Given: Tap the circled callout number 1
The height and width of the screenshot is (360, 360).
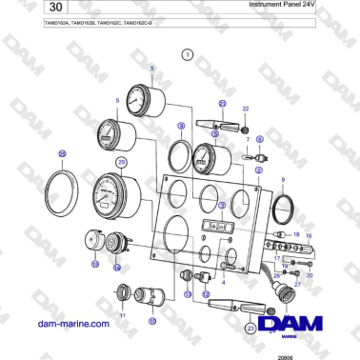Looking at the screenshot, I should (x=189, y=56).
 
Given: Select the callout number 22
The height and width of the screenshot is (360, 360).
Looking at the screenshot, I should (x=245, y=110).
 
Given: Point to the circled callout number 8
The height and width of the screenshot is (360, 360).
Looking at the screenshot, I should (x=181, y=126).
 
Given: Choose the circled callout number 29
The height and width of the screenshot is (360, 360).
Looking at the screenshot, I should (x=121, y=163).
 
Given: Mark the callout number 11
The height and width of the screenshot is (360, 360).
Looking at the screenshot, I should (x=121, y=314).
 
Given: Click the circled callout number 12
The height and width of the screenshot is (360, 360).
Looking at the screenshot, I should (x=205, y=294).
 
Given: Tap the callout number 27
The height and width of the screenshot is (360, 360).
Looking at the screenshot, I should (x=296, y=284).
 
